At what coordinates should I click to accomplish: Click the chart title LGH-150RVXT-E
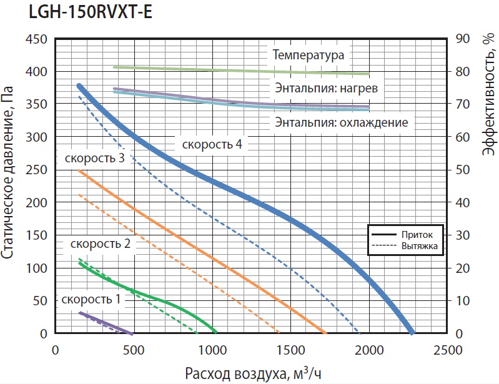coord(91,12)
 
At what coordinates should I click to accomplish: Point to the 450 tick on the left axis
coord(36,39)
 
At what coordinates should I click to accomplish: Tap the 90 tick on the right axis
coord(463,39)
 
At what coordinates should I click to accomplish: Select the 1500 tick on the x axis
coord(290,350)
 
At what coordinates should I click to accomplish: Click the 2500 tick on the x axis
coord(447,350)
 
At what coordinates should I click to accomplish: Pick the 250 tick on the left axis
coord(36,170)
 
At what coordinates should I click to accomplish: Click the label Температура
coord(308,55)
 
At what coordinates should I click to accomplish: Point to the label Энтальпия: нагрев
coord(326,88)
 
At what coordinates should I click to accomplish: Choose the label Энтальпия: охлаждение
coord(342,122)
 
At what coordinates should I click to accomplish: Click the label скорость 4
coord(212,144)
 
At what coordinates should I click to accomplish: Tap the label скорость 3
coord(94,158)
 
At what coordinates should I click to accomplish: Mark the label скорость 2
coord(101,244)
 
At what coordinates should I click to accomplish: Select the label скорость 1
coord(91,299)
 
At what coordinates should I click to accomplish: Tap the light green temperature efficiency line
coord(242,71)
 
